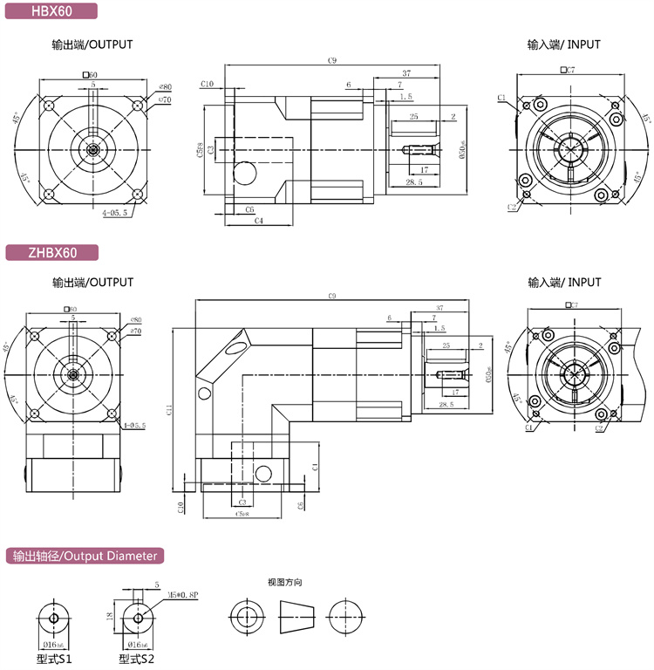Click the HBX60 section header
point(50,12)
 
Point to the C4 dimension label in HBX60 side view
point(260,221)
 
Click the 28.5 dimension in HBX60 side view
point(414,182)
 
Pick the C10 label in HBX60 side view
point(207,84)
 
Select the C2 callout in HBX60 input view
point(513,208)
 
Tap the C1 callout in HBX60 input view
point(503,97)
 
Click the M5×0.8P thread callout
point(183,594)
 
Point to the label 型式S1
point(54,660)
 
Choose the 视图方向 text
point(284,582)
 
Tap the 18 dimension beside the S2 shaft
point(110,615)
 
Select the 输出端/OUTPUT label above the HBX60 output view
point(92,44)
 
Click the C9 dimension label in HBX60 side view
point(332,60)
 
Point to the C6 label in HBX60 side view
point(249,209)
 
